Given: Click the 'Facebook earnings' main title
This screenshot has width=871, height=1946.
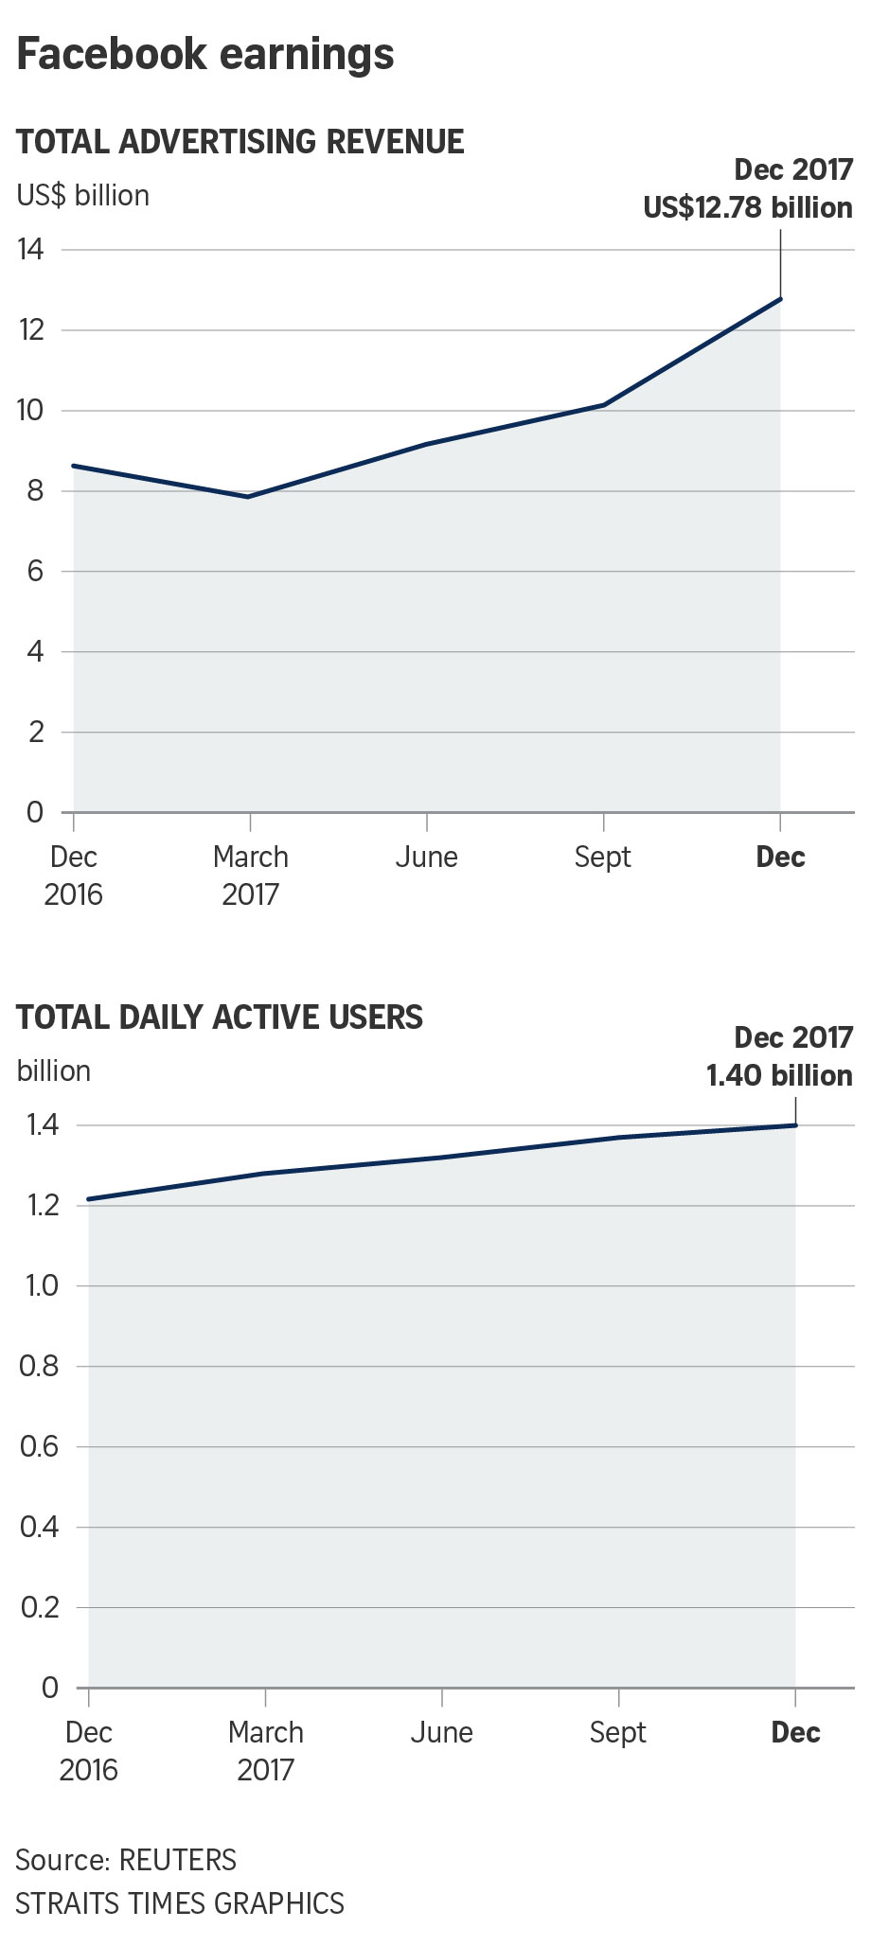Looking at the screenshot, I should (x=205, y=54).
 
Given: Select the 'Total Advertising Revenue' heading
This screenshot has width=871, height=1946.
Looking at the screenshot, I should (x=240, y=142).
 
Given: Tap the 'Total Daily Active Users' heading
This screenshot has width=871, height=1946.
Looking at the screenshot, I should (x=220, y=1017).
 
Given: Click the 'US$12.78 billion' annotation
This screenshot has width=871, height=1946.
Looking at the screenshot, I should (x=748, y=207).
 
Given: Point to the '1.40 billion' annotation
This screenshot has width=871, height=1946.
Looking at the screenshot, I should (x=779, y=1075).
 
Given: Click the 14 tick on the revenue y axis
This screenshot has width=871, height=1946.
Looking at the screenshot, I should (x=30, y=250).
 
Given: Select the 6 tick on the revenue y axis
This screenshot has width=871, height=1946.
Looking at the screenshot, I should (x=35, y=572).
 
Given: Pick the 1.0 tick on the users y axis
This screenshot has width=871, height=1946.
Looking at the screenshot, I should (x=38, y=1286).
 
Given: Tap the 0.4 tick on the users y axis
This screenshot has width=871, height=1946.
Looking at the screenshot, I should (x=38, y=1527).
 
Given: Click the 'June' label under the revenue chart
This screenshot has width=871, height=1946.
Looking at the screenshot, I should (x=426, y=858).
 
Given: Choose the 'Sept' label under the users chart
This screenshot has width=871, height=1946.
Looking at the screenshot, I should (x=617, y=1733).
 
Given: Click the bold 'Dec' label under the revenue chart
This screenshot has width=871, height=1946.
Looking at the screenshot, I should (x=780, y=858).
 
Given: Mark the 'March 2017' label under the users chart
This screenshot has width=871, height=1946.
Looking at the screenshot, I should (x=265, y=1751).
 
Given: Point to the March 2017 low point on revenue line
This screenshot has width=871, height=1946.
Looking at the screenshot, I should (x=249, y=496).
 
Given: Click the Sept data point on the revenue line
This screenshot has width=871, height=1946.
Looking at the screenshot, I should (x=603, y=405).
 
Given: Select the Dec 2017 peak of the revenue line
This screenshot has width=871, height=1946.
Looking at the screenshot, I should (x=780, y=299).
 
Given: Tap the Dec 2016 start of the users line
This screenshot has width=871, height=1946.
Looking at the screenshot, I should (x=89, y=1199).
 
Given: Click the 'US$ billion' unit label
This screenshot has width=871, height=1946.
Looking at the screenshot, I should (x=83, y=196).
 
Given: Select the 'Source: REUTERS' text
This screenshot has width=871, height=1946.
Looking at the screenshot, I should (x=126, y=1860).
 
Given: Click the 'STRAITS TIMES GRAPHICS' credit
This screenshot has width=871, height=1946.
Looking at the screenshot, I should (x=180, y=1902).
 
